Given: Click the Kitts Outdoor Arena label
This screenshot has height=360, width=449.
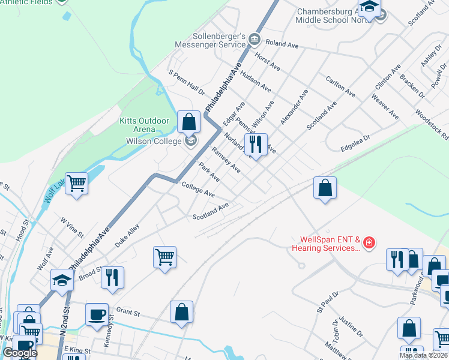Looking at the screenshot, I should click(x=145, y=125).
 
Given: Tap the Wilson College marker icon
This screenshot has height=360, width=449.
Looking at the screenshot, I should click(x=191, y=142).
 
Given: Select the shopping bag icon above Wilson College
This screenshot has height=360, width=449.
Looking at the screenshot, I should click(x=188, y=122).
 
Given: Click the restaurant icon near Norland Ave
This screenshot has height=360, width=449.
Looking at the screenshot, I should click(x=256, y=145).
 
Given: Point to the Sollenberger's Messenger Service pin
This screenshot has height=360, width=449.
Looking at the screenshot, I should click(x=255, y=40).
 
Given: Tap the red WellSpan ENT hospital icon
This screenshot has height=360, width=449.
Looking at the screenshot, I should click(x=369, y=243).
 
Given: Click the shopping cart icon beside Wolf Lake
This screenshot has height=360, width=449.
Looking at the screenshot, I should click(x=77, y=184).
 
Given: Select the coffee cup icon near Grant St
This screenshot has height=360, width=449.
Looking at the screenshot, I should click(x=97, y=314).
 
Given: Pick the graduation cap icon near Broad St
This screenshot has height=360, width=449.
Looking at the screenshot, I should click(x=62, y=280).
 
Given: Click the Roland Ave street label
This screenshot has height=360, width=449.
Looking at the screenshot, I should click(x=282, y=44).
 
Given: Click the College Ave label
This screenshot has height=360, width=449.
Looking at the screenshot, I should click(x=198, y=191).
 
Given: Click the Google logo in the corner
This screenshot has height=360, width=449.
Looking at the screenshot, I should click(x=20, y=353).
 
